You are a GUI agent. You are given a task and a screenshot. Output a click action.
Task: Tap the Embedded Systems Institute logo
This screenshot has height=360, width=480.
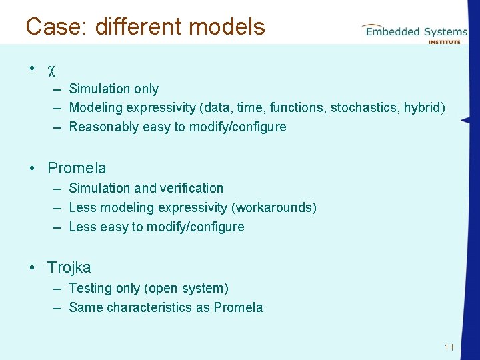415,31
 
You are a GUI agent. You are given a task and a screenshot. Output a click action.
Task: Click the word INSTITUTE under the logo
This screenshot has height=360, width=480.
444,42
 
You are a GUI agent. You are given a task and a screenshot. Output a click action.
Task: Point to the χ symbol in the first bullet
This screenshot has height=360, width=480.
51,69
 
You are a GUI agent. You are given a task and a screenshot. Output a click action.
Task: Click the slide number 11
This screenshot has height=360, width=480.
449,347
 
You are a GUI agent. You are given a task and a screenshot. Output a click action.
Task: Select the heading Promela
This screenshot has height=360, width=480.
77,168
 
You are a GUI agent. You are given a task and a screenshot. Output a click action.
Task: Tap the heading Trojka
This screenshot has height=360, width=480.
69,267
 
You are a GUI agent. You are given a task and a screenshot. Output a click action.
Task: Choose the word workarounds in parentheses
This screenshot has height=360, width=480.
277,207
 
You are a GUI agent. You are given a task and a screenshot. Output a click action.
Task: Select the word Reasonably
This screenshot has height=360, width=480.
104,127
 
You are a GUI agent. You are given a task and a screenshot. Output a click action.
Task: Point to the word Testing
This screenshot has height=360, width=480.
90,288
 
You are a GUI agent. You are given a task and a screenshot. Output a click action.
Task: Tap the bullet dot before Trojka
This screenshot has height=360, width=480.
32,267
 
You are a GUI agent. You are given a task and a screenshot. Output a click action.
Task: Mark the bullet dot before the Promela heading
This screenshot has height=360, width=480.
32,168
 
